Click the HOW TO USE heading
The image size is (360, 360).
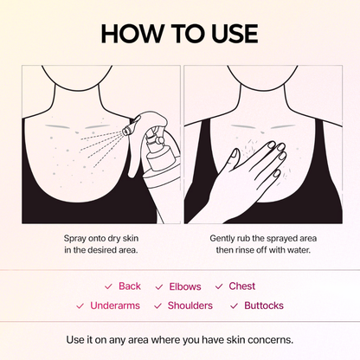tap(179, 33)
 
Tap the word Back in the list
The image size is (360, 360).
tap(130, 286)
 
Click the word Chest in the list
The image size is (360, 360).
tap(242, 286)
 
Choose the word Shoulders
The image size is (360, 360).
tap(190, 305)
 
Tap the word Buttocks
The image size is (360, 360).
tap(263, 305)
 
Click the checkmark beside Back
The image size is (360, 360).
tap(108, 286)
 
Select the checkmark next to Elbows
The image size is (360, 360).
tap(159, 286)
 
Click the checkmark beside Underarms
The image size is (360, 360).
tap(80, 305)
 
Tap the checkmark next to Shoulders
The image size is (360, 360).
tap(157, 305)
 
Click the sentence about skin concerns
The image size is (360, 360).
tap(179, 338)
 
